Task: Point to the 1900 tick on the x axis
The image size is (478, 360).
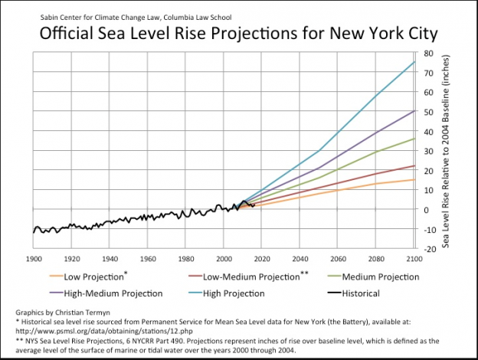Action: coord(34,258)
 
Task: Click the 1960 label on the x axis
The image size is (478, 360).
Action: coord(148,258)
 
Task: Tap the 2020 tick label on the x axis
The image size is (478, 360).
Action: coord(262,258)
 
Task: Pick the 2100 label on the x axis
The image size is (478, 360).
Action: coord(414,258)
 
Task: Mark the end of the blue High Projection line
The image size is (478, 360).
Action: coord(414,62)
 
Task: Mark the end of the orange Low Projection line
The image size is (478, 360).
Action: coord(414,179)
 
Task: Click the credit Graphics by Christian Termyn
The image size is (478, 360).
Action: coord(63,313)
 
